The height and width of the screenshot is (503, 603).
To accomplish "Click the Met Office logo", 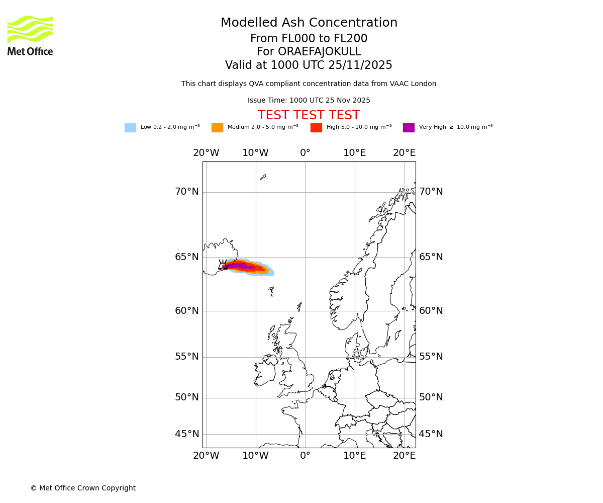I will click(30, 36).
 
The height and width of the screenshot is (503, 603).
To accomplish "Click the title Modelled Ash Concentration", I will click(309, 23).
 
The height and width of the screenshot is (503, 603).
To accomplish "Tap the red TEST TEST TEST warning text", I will click(309, 116).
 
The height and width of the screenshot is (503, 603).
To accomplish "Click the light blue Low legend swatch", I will click(130, 128).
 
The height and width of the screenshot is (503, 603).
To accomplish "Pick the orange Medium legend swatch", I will click(217, 128).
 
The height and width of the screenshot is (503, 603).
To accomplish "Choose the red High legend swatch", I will click(316, 128).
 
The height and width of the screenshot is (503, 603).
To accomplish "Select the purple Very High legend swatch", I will click(409, 128).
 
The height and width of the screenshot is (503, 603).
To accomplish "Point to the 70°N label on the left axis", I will click(187, 192).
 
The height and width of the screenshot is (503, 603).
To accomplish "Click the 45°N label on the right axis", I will click(431, 434).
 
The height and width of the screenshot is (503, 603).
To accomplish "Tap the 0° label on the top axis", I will click(305, 153).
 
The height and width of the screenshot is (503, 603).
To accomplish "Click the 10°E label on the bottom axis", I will click(355, 456).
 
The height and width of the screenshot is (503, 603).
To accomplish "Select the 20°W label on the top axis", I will click(206, 153).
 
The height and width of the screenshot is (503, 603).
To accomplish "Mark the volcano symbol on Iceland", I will click(223, 265).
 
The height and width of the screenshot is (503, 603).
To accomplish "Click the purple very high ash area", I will click(239, 266).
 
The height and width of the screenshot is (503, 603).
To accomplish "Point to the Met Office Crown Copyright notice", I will click(83, 488).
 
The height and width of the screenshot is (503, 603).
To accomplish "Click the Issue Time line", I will click(309, 101).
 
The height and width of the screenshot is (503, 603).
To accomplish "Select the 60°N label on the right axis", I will click(431, 311).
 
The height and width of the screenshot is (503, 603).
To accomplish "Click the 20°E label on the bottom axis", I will click(404, 456).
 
